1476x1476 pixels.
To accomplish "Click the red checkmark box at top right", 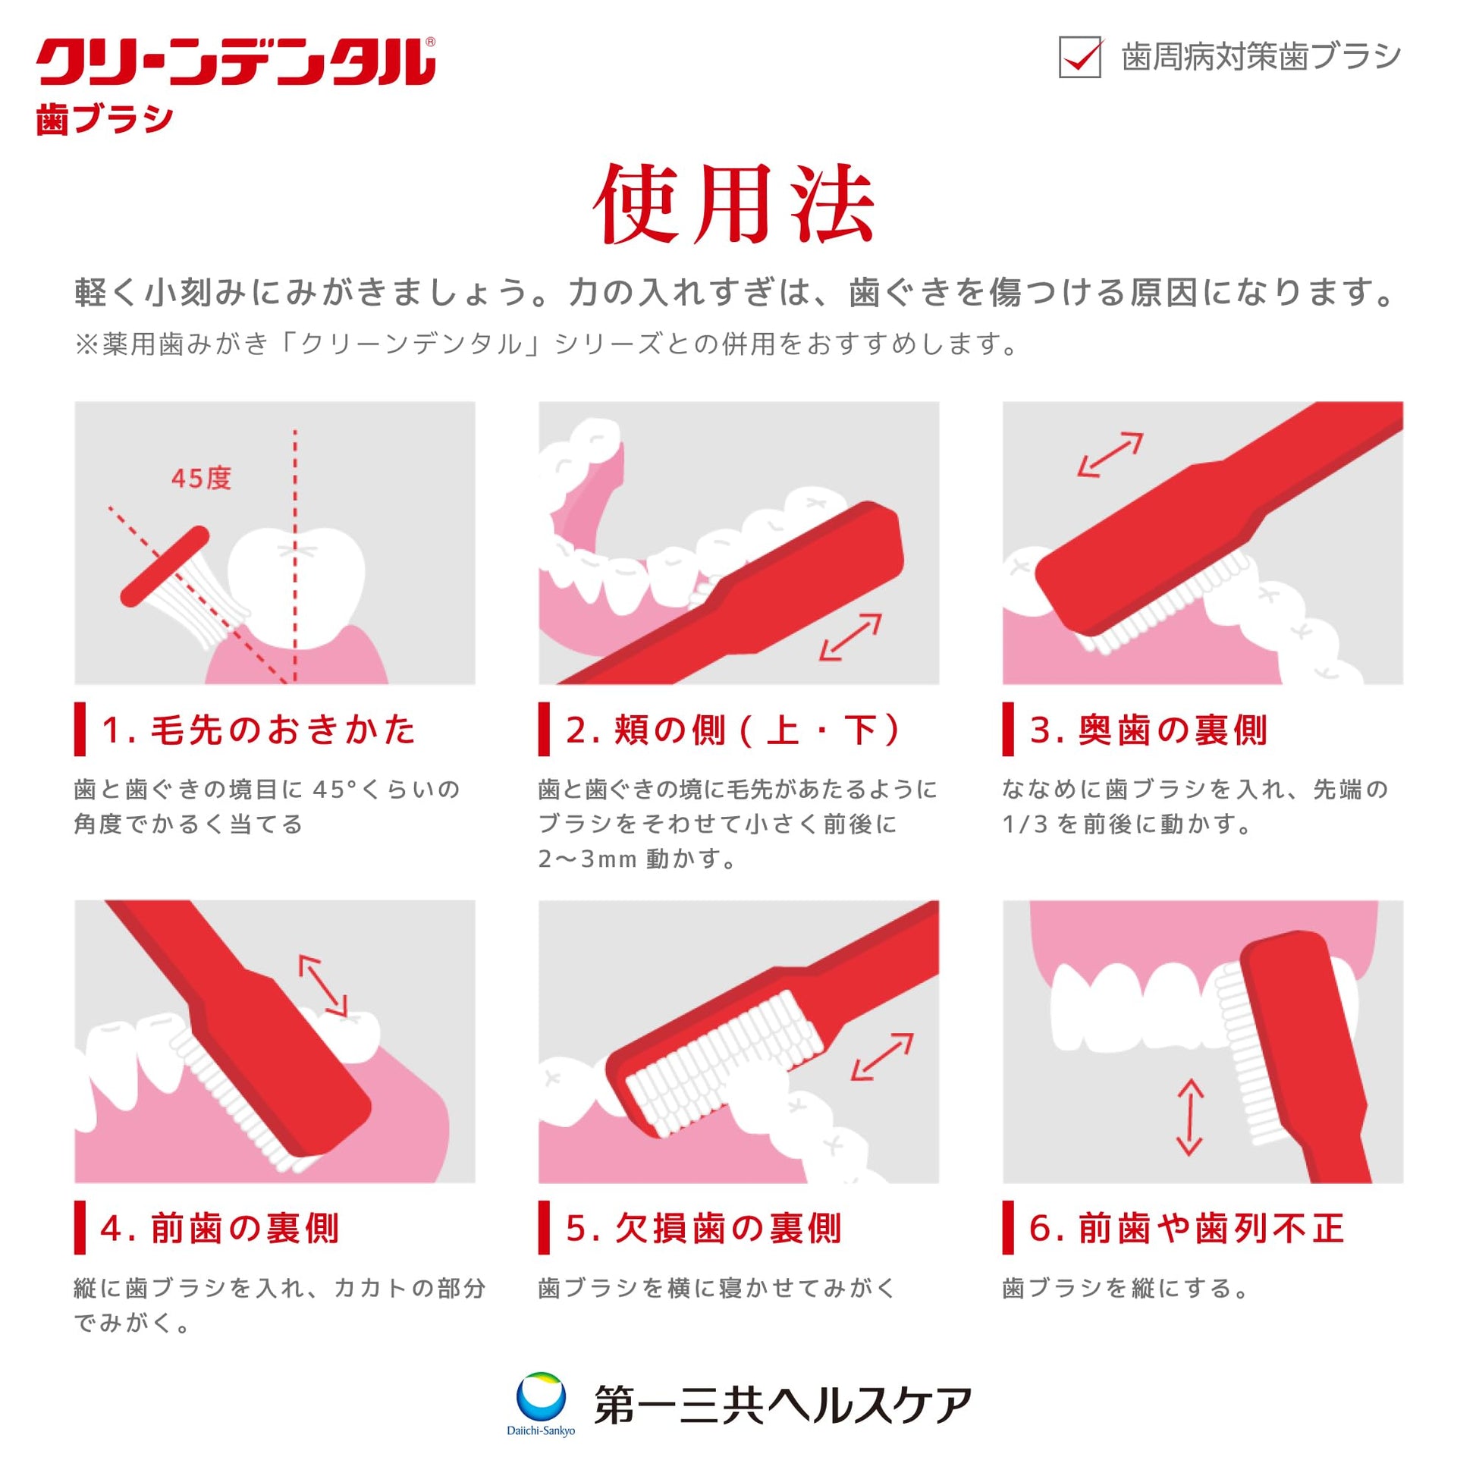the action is click(x=1079, y=57).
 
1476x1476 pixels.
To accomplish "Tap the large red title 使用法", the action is click(x=734, y=204).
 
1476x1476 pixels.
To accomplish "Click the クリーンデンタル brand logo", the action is click(x=236, y=62).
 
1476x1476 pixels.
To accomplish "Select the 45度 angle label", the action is click(x=201, y=479).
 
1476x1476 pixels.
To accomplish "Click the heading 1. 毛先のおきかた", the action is click(x=258, y=730).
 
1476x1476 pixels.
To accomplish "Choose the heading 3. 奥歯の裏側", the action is click(x=1148, y=730).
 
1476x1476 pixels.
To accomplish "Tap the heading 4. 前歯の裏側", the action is click(x=220, y=1229).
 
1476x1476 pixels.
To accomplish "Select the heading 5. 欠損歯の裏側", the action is click(x=704, y=1229).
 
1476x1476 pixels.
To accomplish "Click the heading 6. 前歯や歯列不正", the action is click(x=1186, y=1229).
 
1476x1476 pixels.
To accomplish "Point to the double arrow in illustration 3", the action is click(x=1110, y=454).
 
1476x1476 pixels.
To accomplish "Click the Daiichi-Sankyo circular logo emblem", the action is click(x=541, y=1396).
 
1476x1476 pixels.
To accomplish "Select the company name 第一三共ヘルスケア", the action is click(x=783, y=1405).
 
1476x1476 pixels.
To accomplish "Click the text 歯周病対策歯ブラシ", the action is click(x=1261, y=58).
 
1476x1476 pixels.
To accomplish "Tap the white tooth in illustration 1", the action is click(x=297, y=585).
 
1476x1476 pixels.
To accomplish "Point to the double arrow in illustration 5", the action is click(x=882, y=1057).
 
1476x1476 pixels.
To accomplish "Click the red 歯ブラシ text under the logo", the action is click(x=105, y=119).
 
